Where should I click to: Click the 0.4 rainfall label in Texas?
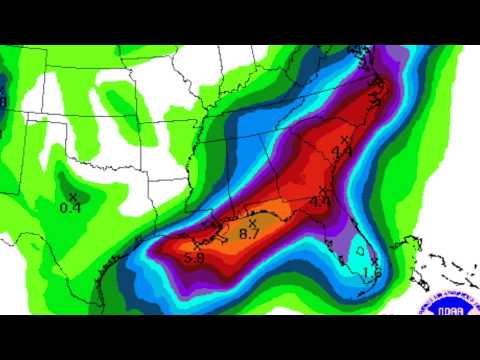tap(70, 207)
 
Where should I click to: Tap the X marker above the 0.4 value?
tap(73, 197)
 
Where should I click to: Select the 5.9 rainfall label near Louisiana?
tap(194, 258)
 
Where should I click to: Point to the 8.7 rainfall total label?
tap(250, 233)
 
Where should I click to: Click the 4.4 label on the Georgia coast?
tap(320, 201)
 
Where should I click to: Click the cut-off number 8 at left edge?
tap(3, 100)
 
